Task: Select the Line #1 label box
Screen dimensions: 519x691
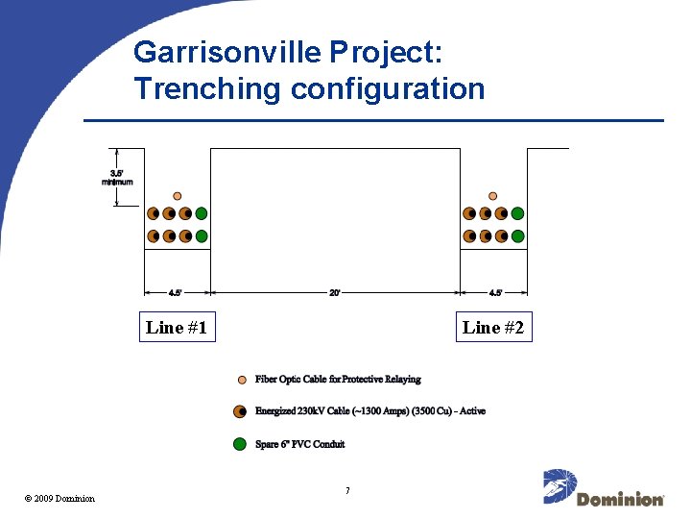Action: tap(177, 328)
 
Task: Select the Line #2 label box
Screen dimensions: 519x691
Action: tap(492, 328)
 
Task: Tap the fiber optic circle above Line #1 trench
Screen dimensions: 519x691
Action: tap(178, 196)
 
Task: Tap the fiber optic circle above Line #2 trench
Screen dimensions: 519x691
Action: tap(493, 196)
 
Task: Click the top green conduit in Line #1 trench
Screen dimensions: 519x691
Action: tap(202, 213)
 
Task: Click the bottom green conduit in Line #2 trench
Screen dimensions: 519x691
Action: tap(517, 235)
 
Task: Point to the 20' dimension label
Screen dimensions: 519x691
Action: tap(335, 293)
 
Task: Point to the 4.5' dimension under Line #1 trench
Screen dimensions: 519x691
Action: tap(176, 293)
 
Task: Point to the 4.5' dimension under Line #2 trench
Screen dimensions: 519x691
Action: tap(493, 293)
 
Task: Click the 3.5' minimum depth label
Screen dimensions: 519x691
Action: tap(116, 177)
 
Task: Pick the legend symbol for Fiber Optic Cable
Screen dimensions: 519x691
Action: tap(242, 380)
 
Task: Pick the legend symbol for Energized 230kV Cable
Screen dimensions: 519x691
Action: tap(240, 411)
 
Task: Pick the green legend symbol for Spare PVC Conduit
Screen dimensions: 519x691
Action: tap(240, 444)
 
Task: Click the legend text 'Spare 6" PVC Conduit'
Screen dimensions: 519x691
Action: tap(299, 444)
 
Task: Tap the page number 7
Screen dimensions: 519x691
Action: tap(346, 491)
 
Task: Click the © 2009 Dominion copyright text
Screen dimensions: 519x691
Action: tap(60, 498)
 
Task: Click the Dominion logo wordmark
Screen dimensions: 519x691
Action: tap(620, 500)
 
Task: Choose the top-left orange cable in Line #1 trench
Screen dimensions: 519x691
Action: tap(154, 213)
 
